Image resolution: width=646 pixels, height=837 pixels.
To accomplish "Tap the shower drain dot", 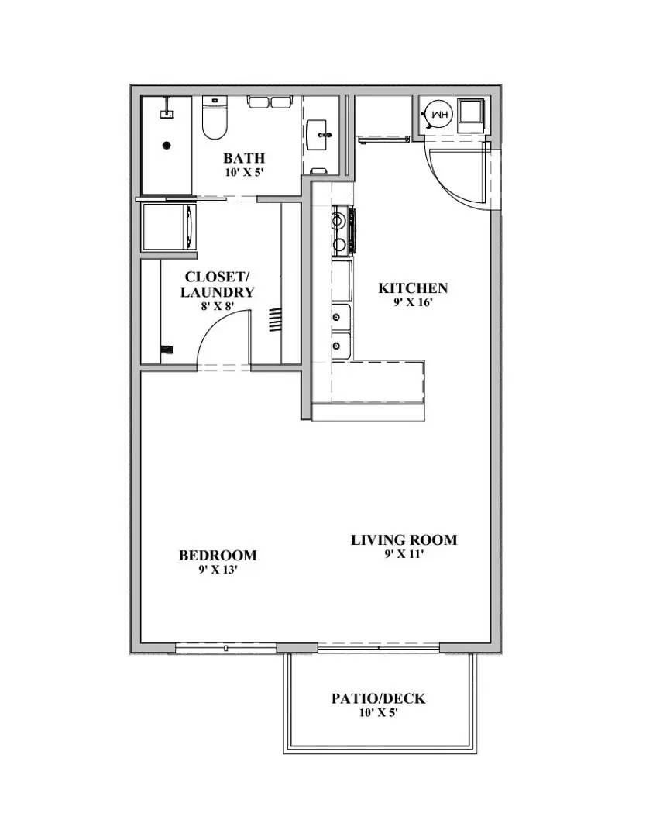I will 165,145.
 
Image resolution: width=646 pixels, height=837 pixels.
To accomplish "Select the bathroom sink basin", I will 319,136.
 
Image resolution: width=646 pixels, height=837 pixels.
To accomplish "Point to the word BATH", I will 244,159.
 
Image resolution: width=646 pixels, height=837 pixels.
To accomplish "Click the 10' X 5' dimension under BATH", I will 244,173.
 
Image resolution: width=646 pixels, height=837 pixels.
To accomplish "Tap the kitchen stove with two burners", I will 342,231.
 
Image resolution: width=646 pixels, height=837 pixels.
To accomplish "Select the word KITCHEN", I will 413,288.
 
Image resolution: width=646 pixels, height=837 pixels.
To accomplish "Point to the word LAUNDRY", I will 217,292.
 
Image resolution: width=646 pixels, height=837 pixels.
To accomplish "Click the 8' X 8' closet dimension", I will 217,306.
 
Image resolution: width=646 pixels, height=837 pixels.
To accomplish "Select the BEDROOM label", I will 218,556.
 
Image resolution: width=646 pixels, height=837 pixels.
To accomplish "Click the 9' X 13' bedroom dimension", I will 218,570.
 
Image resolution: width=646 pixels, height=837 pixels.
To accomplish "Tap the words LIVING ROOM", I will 404,540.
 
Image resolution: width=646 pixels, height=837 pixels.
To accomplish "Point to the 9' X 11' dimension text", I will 404,554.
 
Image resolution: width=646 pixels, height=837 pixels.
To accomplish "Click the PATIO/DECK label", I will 378,698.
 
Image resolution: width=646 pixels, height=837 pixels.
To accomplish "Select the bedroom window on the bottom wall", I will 225,646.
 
